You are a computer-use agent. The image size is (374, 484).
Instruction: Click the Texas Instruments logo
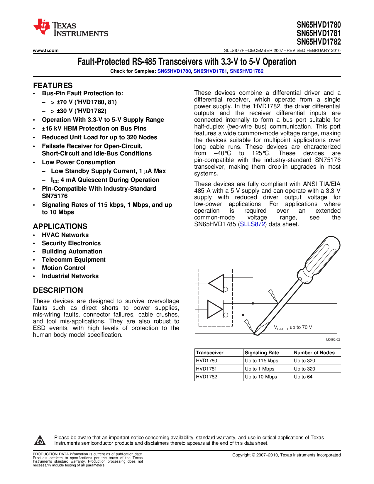click(70, 28)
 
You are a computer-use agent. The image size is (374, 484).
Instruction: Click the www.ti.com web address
click(46, 50)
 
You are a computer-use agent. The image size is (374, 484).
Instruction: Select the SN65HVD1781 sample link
click(210, 71)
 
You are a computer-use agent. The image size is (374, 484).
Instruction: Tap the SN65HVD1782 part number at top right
click(319, 42)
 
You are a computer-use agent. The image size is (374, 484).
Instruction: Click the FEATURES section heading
click(53, 85)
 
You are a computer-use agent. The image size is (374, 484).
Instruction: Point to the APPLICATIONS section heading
click(60, 226)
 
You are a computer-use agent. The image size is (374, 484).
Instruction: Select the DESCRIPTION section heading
click(58, 290)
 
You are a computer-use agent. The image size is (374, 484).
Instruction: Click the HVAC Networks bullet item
click(65, 235)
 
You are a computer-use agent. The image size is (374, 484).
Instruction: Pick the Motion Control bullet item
click(64, 268)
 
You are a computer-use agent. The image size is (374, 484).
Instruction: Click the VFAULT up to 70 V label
click(293, 327)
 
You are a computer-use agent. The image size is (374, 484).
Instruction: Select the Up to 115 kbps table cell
click(261, 361)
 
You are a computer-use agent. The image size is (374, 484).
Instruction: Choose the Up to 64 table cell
click(303, 377)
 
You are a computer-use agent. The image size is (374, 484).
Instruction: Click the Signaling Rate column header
click(262, 353)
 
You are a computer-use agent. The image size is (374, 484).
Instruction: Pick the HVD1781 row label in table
click(207, 369)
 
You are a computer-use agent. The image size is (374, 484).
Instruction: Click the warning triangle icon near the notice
click(40, 440)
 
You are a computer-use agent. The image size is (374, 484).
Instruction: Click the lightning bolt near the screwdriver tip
click(249, 325)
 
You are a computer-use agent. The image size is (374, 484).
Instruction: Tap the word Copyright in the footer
click(241, 455)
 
